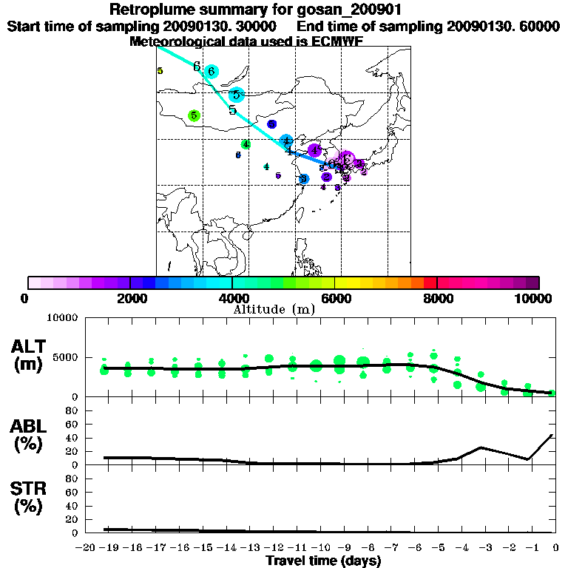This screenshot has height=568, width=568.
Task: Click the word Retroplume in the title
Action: pyautogui.click(x=146, y=10)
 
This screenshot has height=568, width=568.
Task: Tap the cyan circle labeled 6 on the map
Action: pyautogui.click(x=212, y=71)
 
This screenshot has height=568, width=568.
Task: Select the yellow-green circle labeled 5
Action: pyautogui.click(x=194, y=115)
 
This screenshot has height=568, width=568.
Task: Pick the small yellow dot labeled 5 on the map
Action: pyautogui.click(x=160, y=71)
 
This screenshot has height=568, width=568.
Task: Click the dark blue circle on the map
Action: pyautogui.click(x=271, y=124)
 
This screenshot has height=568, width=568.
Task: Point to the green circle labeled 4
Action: pyautogui.click(x=246, y=144)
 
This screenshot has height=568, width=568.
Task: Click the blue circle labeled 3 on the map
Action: pyautogui.click(x=303, y=179)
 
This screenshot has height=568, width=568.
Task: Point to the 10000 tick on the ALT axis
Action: pyautogui.click(x=63, y=318)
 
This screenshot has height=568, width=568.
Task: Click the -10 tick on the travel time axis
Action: pyautogui.click(x=323, y=548)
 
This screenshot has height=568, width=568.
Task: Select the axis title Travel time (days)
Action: pyautogui.click(x=323, y=561)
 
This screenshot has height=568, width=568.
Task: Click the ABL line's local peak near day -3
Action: pyautogui.click(x=481, y=447)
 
